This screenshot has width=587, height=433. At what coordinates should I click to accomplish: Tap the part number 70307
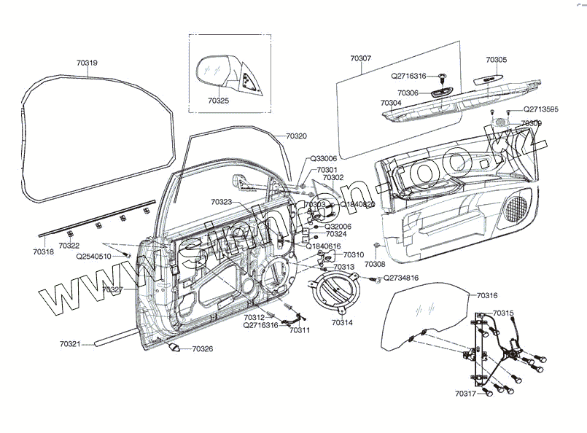(360, 58)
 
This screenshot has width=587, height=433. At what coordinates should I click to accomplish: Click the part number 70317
(464, 394)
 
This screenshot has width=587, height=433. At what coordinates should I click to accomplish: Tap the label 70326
(203, 349)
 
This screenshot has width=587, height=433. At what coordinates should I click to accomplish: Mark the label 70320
(296, 136)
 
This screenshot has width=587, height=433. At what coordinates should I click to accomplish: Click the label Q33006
(323, 158)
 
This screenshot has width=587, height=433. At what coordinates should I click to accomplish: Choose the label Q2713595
(540, 109)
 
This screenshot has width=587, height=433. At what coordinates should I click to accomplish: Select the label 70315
(503, 313)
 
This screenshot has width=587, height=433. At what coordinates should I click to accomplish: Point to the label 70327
(112, 289)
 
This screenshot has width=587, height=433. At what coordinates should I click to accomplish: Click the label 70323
(221, 201)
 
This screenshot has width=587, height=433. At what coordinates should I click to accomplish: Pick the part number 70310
(353, 255)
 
